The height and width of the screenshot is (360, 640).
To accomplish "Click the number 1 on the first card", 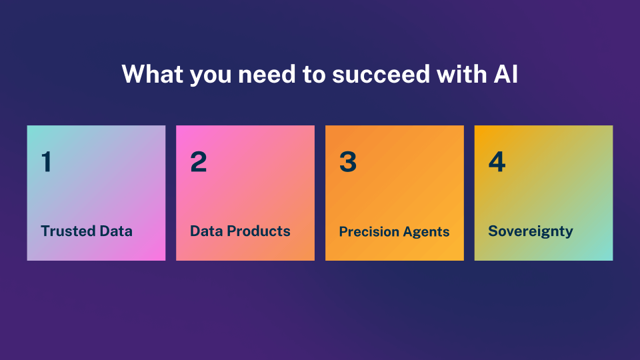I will pyautogui.click(x=46, y=162).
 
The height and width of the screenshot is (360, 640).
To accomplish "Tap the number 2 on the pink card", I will pyautogui.click(x=198, y=162).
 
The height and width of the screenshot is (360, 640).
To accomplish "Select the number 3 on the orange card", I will pyautogui.click(x=347, y=162).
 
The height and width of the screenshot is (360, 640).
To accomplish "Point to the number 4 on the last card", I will pyautogui.click(x=497, y=162).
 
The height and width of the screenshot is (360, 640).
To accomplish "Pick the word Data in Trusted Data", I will pyautogui.click(x=116, y=231).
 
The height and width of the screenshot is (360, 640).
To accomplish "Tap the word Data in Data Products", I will pyautogui.click(x=206, y=231).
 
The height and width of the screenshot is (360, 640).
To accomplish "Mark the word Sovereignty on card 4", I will pyautogui.click(x=531, y=231).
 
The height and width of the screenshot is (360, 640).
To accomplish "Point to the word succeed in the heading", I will pyautogui.click(x=373, y=75).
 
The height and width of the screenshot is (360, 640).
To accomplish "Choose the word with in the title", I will pyautogui.click(x=457, y=75).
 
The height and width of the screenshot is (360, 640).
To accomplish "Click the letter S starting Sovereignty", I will pyautogui.click(x=493, y=231).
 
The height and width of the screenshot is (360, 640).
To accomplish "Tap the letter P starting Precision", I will pyautogui.click(x=343, y=232).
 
